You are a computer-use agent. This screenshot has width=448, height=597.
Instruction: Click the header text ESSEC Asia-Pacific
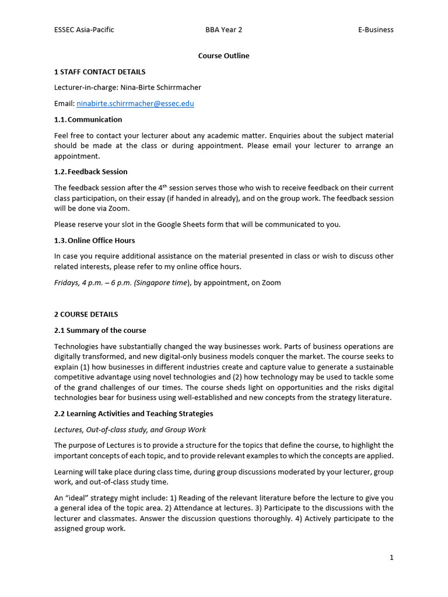tap(84, 30)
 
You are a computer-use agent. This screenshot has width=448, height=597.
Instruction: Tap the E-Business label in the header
tap(376, 30)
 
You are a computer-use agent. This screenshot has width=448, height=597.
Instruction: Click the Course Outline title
tap(223, 56)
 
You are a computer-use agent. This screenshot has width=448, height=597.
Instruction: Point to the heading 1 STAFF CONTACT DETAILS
tap(100, 72)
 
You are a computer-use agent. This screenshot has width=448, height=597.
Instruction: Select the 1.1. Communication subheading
tap(88, 120)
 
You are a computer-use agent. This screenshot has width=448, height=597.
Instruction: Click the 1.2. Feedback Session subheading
tap(90, 172)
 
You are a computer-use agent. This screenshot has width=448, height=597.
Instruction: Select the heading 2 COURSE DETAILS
tap(86, 314)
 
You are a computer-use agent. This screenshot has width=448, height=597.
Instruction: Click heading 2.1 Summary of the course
tap(100, 331)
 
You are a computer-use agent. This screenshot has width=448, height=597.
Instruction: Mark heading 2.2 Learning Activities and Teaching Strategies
tap(134, 414)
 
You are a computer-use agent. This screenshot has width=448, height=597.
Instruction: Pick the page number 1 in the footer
tap(391, 557)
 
